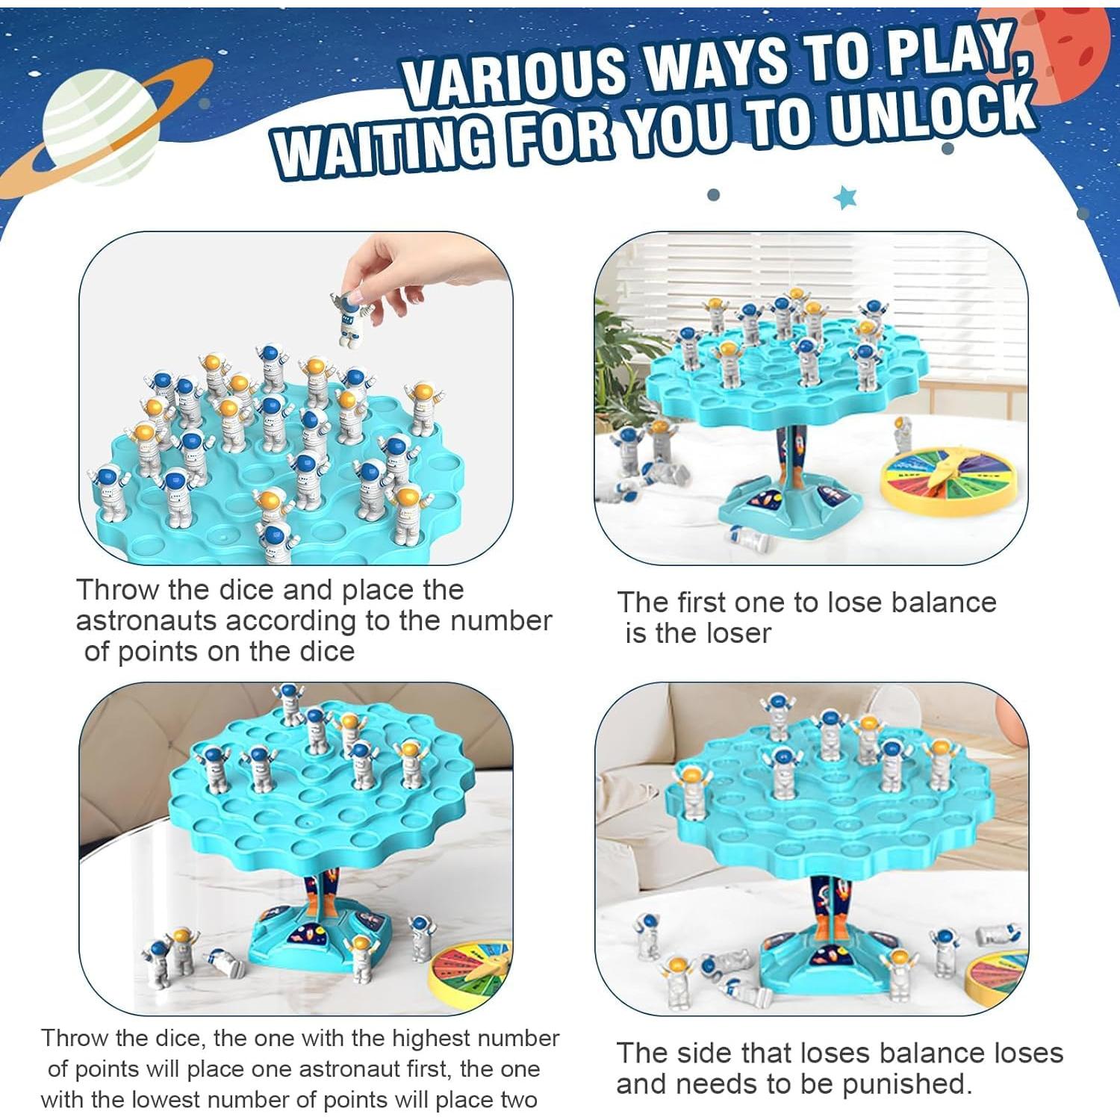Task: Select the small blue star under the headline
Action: click(x=845, y=198)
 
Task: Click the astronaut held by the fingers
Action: click(x=347, y=317)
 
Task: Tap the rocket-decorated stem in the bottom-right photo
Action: click(x=828, y=903)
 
